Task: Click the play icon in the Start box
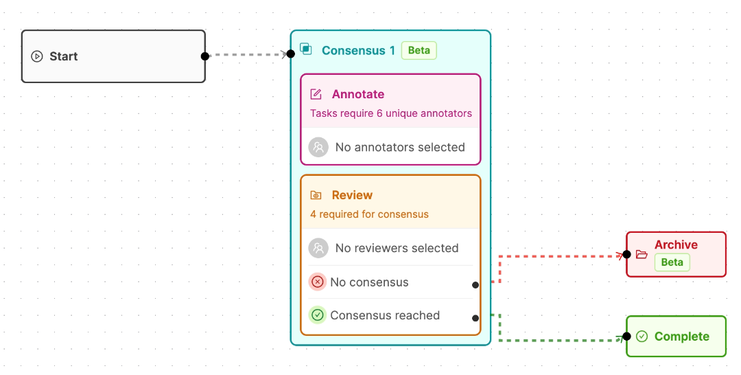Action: pos(37,56)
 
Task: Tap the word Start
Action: pos(63,56)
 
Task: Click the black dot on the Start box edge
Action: pos(205,56)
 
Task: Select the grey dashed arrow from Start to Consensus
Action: pos(248,54)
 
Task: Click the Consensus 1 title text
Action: pos(358,51)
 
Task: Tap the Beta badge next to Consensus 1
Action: pos(419,51)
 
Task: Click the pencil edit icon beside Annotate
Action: pos(316,94)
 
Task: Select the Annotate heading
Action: pos(357,94)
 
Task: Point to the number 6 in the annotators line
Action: pos(379,113)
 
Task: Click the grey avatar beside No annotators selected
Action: pos(318,147)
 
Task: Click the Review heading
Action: pos(352,195)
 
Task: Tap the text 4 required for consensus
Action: pos(369,214)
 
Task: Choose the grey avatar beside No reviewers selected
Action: pos(318,248)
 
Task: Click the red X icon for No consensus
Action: pos(318,282)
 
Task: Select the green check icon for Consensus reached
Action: pos(318,315)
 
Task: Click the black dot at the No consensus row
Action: pos(475,284)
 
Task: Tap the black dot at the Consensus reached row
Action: pos(475,318)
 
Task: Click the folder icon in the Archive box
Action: pos(642,254)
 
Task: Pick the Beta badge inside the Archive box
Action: pos(672,262)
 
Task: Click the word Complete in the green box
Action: pos(682,337)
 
